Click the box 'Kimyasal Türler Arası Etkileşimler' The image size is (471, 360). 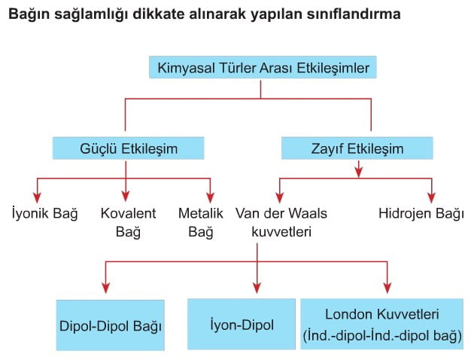pos(263,67)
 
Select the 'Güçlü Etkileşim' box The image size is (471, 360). pos(128,148)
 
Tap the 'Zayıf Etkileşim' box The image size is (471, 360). pos(357,148)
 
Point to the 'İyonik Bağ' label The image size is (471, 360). pos(44,213)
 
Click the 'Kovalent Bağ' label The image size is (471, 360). pos(128,222)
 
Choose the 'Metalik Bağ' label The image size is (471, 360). pos(201,222)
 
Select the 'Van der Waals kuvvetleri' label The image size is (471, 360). pos(281,222)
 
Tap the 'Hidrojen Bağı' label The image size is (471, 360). pos(421,213)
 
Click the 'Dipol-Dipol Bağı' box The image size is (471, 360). pos(111,325)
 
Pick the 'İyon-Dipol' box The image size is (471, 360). pos(242,324)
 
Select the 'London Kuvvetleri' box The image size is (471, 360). pos(381,324)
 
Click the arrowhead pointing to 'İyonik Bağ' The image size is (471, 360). pos(37,197)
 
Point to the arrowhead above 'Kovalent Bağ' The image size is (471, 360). pos(126,197)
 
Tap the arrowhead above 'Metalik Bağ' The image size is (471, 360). pos(210,197)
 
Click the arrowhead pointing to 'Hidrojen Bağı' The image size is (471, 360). pos(432,197)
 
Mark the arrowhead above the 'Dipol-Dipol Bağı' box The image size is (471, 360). pos(105,288)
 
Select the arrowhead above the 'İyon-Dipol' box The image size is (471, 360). pos(257,288)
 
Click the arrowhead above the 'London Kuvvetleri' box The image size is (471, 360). pos(387,288)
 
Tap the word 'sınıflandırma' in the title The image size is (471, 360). pos(354,14)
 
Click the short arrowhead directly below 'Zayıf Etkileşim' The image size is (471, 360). pos(358,172)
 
